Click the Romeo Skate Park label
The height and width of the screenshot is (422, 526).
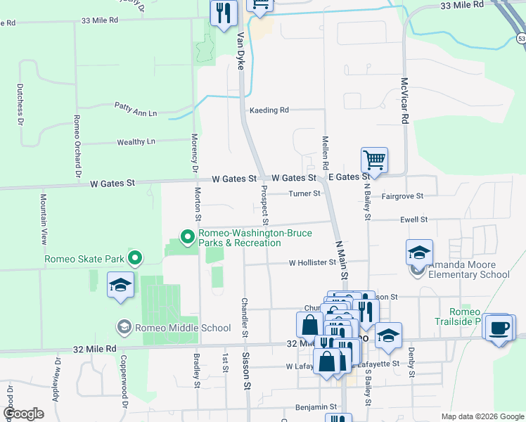[x=84, y=259]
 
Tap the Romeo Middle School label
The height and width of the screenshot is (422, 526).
[x=184, y=328]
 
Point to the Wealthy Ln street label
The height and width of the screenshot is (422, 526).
[x=136, y=141]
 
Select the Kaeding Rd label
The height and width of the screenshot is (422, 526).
[x=269, y=110]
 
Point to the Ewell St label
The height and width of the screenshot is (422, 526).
[x=413, y=219]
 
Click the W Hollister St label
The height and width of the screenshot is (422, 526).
[x=313, y=263]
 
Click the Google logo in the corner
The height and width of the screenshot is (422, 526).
[x=23, y=414]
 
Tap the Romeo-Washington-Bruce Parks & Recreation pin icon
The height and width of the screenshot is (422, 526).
[x=187, y=236]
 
